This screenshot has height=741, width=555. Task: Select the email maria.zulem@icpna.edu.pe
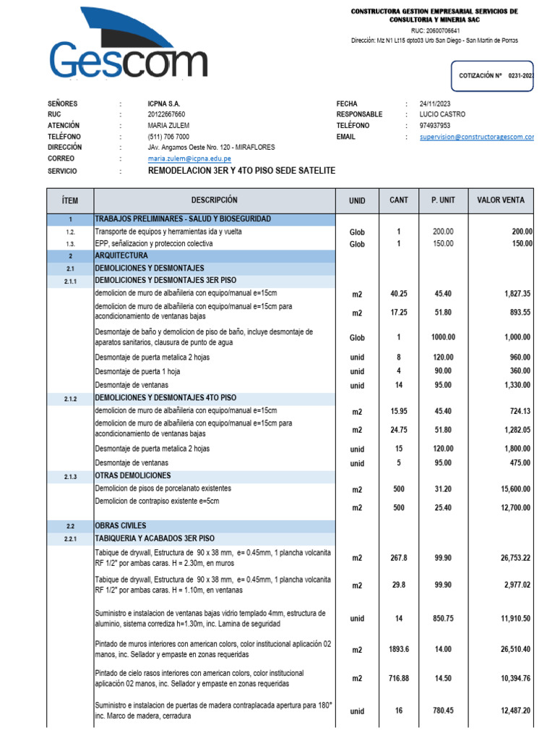189,158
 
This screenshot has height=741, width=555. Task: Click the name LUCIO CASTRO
442,114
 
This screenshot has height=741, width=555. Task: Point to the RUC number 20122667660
166,114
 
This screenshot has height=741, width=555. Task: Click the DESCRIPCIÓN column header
214,200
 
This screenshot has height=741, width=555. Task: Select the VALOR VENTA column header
501,200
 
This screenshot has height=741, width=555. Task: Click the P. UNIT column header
443,200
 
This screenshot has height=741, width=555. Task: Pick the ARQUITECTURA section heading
121,256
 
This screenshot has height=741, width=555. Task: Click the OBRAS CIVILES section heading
121,525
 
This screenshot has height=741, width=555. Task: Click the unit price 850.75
443,619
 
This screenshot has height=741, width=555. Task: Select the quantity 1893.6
398,649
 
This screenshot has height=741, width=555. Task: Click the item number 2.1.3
70,476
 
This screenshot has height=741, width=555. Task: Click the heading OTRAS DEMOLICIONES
133,476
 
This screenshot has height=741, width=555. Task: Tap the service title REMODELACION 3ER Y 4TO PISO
241,171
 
